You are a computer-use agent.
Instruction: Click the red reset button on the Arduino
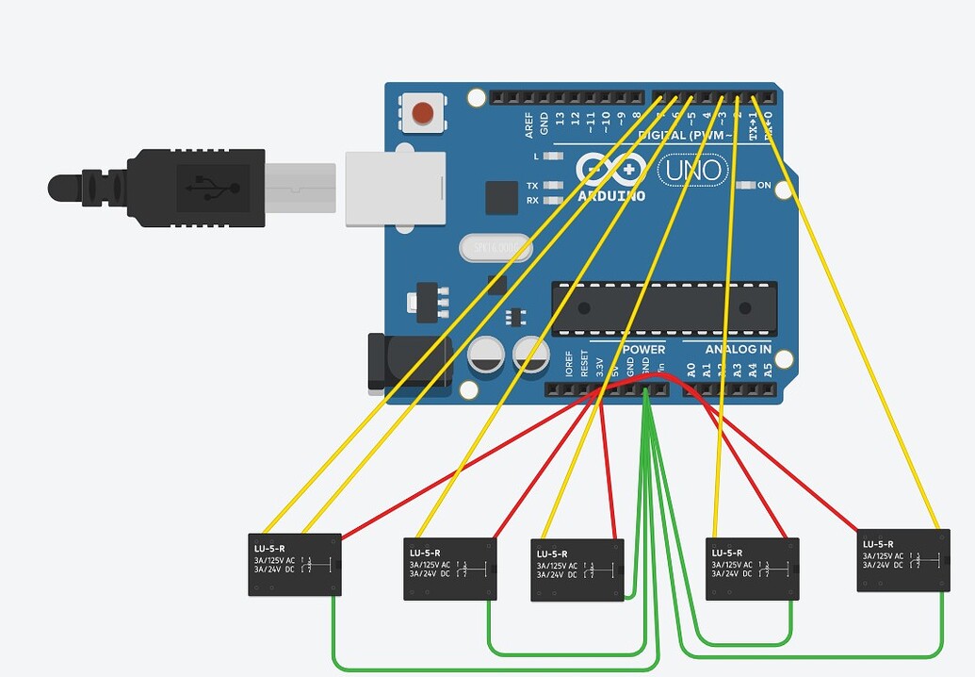coord(423,114)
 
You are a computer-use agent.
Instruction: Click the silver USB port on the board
coord(395,189)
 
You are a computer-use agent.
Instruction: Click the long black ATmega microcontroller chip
coord(664,307)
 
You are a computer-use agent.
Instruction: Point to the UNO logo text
coord(692,171)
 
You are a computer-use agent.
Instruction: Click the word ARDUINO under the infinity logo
coord(611,196)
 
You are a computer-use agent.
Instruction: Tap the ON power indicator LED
coord(747,186)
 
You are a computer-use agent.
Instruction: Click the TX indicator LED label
coord(532,186)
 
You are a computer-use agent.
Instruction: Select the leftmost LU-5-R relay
coord(294,564)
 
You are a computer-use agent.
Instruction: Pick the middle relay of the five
coord(577,570)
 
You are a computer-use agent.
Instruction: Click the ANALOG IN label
coord(739,350)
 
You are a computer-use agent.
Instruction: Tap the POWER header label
coord(643,350)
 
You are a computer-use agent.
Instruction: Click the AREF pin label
coord(529,125)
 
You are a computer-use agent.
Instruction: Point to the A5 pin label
coord(768,370)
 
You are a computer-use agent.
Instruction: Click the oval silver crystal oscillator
coord(496,248)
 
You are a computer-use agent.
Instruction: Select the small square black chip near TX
coord(501,197)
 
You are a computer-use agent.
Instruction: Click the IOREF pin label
coord(569,366)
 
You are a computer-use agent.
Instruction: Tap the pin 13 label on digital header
coord(561,119)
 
